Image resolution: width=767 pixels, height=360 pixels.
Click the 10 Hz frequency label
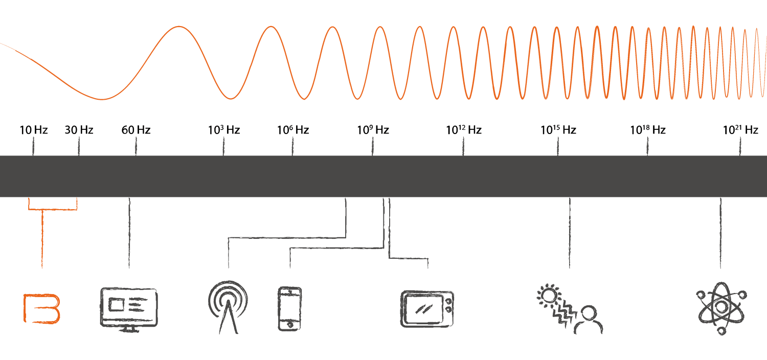pyautogui.click(x=33, y=130)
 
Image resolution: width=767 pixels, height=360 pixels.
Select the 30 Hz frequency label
pyautogui.click(x=79, y=130)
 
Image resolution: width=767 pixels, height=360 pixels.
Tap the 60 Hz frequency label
pyautogui.click(x=136, y=130)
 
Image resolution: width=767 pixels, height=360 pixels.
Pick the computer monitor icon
pyautogui.click(x=129, y=309)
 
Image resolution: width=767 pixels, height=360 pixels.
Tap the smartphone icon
pyautogui.click(x=289, y=308)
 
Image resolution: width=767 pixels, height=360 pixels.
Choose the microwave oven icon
pyautogui.click(x=427, y=308)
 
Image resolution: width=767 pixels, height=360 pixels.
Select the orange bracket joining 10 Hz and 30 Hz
pyautogui.click(x=53, y=209)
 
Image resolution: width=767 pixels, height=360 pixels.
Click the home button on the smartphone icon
pyautogui.click(x=290, y=324)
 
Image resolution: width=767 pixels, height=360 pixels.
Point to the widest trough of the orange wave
pyautogui.click(x=102, y=98)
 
